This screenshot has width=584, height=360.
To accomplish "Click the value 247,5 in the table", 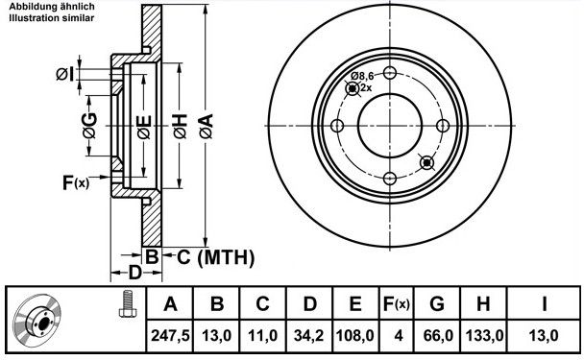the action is [x=170, y=336].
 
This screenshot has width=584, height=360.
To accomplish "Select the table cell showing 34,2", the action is [x=309, y=336].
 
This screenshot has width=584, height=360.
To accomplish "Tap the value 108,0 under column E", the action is [x=355, y=336].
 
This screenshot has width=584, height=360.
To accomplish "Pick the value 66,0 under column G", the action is [x=438, y=336].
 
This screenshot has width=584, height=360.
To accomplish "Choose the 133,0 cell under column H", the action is [x=484, y=336].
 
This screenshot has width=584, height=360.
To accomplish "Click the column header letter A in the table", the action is [x=170, y=303].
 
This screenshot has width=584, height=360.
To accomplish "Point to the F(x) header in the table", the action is [x=397, y=304].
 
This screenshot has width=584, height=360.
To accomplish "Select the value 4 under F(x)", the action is [x=399, y=336].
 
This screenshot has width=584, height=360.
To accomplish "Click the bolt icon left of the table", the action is [x=127, y=303].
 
